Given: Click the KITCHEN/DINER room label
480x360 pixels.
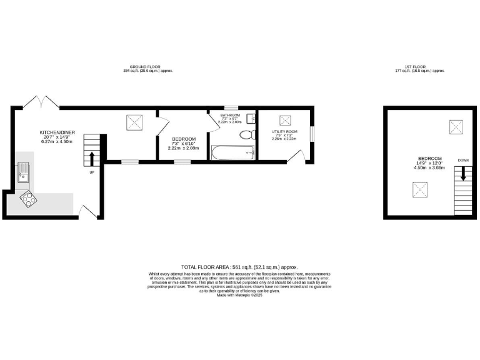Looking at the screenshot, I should coord(57,132).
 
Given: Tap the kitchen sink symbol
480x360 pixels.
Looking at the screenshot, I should coord(24,169).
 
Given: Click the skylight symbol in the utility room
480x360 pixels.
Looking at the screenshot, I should coord(286,120).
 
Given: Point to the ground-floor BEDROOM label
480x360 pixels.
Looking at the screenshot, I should coord(184,139).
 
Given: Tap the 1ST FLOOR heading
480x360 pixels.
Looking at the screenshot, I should coord(415,67).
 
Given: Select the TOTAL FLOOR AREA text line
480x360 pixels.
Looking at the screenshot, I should coord(240,267).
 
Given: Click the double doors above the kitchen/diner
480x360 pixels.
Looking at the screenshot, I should coord(40,101).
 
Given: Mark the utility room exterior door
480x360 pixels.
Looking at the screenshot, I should coord(297,156).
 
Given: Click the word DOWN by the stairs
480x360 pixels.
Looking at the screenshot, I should coord(463,160).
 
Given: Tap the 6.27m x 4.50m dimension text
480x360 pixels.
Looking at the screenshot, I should coord(57,142).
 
